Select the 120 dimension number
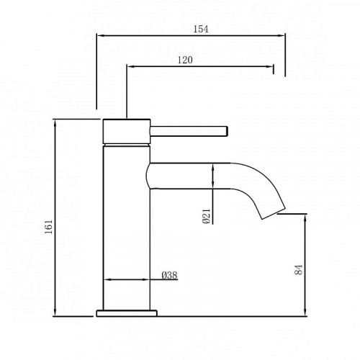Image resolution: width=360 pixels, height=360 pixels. [x=184, y=61]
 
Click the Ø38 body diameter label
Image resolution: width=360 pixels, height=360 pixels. [x=170, y=274]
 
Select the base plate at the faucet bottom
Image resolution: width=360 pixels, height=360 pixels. [x=127, y=313]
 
